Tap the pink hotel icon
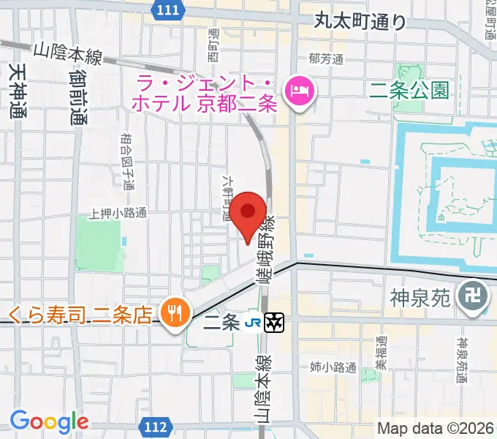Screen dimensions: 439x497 299,91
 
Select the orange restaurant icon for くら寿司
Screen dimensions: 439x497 173,314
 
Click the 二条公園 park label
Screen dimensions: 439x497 409,90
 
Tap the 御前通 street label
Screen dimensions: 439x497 79,98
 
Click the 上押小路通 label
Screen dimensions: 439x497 118,214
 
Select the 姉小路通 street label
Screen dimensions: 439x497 333,368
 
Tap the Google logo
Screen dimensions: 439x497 49,421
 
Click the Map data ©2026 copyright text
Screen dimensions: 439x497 436,428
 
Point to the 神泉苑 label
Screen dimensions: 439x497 422,297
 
